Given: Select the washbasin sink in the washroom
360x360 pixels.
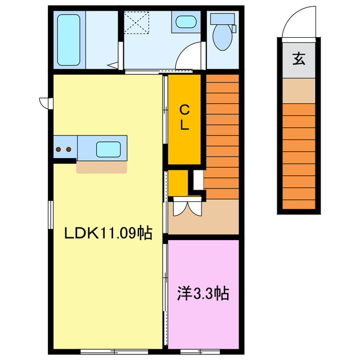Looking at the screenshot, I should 185,22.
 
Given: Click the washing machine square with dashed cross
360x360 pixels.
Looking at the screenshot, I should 136,23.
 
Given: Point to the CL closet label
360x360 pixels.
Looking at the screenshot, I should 184,117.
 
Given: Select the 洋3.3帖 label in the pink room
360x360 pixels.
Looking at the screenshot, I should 203,293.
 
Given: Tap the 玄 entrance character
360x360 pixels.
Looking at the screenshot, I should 299,58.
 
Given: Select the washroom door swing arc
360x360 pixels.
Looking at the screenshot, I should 188,58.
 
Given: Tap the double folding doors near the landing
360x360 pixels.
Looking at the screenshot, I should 186,208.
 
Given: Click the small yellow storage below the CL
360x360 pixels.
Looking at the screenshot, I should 178,182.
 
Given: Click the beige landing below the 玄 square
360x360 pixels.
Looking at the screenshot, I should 299,91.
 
